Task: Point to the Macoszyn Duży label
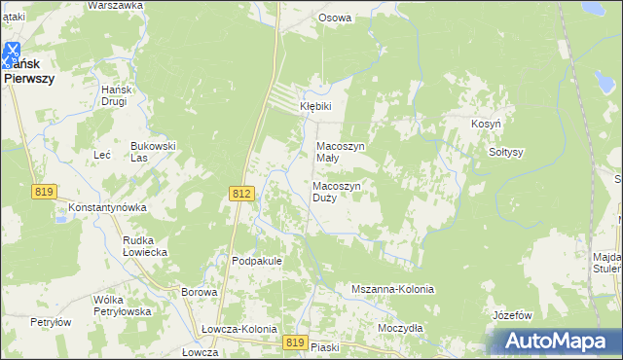point(338,191)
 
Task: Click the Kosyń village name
point(486,126)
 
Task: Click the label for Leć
point(101,155)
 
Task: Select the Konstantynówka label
point(107,208)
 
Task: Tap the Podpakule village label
point(257,261)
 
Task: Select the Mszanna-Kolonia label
point(391,290)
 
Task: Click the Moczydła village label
point(400,328)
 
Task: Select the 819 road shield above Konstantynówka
point(43,192)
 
